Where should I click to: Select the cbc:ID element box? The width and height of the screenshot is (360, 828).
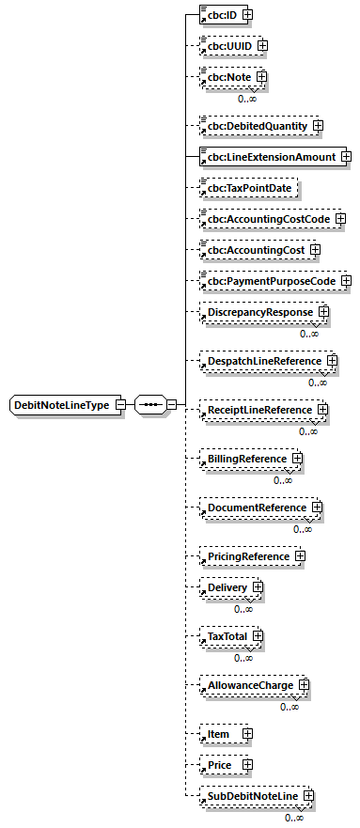(x=221, y=16)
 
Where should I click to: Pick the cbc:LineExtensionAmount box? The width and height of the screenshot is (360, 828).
(x=270, y=156)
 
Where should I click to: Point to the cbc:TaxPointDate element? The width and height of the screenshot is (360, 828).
(x=248, y=188)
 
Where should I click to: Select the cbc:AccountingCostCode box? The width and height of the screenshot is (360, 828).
(x=268, y=219)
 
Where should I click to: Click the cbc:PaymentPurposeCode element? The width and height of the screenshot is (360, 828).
(x=271, y=280)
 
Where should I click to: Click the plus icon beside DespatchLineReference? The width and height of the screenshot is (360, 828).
(x=332, y=361)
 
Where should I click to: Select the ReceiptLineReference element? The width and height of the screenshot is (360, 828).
(x=259, y=410)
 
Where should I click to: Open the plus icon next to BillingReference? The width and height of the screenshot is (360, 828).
(x=297, y=459)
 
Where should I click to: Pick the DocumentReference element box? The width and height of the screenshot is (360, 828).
(x=257, y=508)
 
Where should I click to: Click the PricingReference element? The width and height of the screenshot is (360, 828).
(x=248, y=556)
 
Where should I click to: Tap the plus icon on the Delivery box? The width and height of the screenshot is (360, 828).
(x=257, y=587)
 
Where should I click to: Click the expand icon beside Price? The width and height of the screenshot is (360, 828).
(x=247, y=765)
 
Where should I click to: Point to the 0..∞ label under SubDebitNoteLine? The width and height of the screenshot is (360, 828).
(x=295, y=818)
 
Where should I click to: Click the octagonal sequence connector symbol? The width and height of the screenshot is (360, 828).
(x=150, y=405)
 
